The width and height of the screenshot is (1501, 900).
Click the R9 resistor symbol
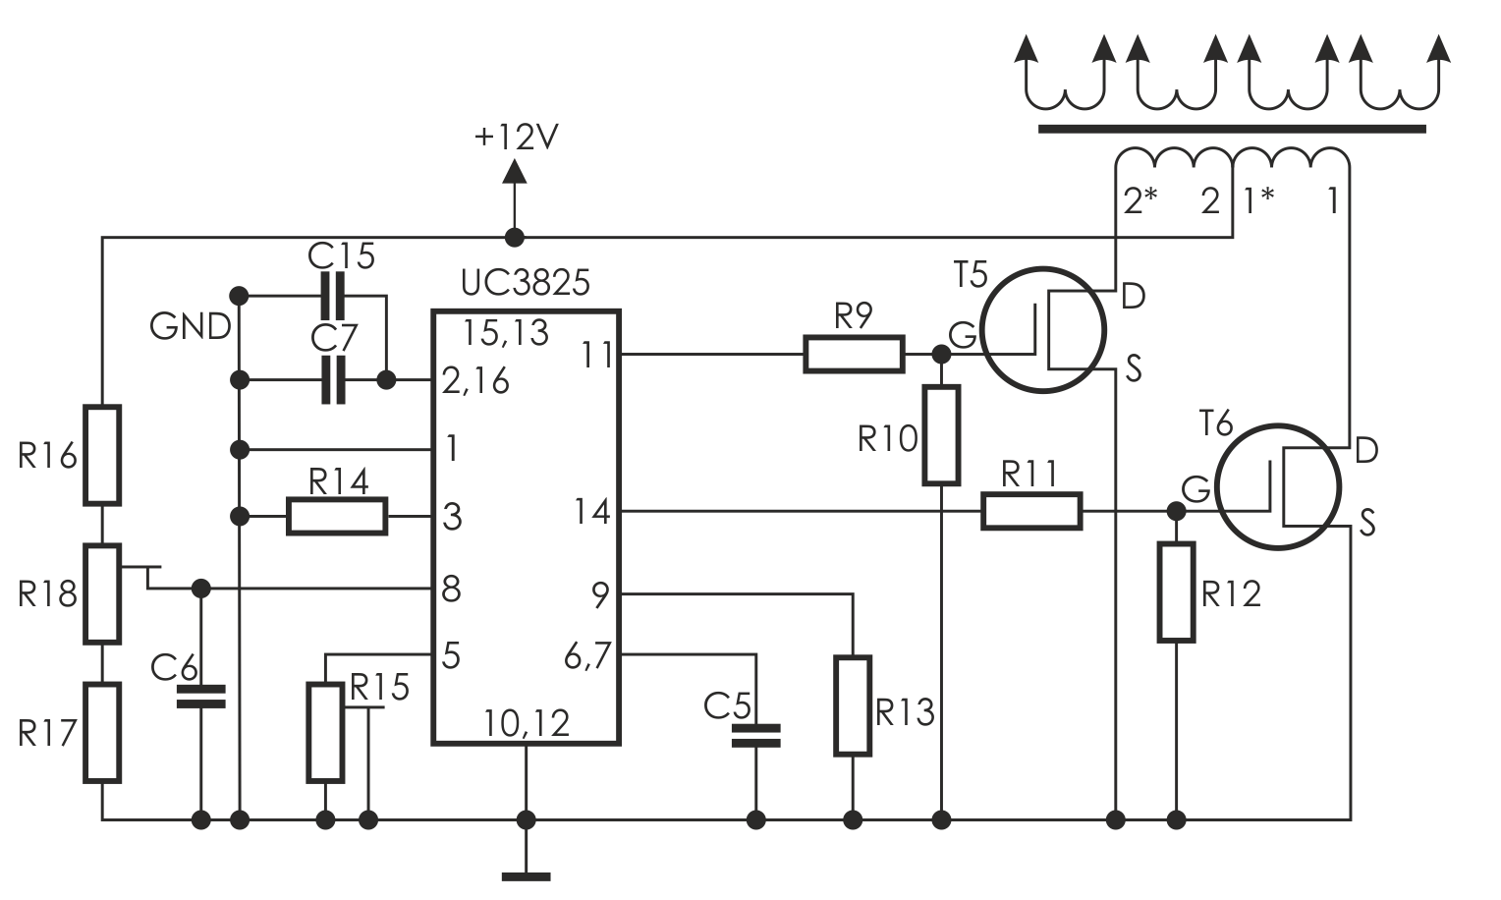tap(854, 354)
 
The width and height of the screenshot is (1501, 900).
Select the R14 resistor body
tap(337, 516)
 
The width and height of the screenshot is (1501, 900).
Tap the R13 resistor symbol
tap(853, 706)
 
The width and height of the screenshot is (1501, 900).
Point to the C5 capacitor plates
tap(755, 736)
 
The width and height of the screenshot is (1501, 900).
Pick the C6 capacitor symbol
tap(201, 698)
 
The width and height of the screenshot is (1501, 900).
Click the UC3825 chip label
tap(525, 283)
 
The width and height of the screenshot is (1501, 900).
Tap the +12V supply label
tap(516, 138)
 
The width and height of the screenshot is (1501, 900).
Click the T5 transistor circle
tap(1042, 331)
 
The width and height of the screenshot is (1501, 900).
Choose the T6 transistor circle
tap(1277, 486)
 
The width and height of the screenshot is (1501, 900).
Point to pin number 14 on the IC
tap(591, 512)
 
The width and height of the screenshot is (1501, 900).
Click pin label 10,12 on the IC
tap(527, 724)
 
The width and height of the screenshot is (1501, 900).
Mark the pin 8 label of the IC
tap(451, 590)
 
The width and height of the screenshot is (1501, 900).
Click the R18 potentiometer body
tap(102, 593)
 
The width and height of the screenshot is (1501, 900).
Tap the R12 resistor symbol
tap(1176, 591)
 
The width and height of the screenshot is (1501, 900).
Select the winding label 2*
tap(1140, 201)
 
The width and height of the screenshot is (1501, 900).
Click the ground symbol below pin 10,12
tap(527, 873)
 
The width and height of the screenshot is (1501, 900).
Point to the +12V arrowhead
tap(514, 171)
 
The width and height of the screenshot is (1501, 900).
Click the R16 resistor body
tap(102, 455)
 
